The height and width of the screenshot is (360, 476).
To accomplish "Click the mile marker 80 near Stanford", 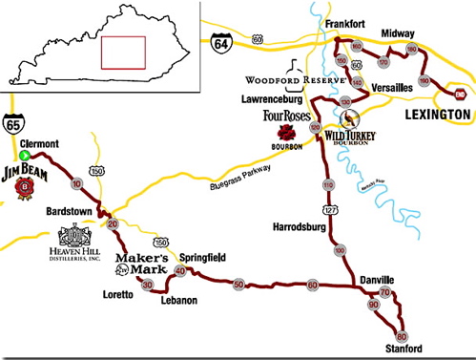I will click(x=401, y=336).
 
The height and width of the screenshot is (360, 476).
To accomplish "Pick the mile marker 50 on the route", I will click(x=238, y=285).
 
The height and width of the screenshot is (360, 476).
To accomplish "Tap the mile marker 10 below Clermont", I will click(x=76, y=181).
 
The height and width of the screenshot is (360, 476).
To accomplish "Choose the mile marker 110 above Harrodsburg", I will click(x=327, y=184).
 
